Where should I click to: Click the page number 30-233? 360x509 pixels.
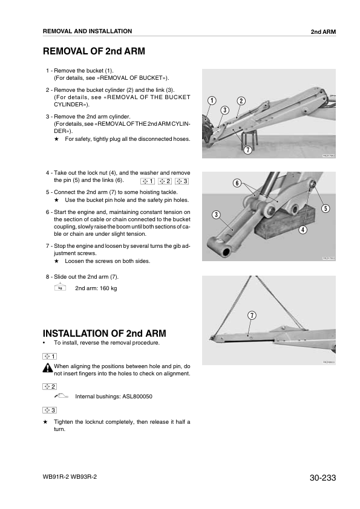[322, 478]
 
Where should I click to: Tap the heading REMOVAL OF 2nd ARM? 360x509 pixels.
[94, 51]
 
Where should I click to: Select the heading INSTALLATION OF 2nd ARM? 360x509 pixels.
[104, 333]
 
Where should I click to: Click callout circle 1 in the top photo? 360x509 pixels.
[212, 100]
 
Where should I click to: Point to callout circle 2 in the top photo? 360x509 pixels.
[241, 101]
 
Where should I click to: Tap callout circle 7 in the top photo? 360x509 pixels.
[248, 150]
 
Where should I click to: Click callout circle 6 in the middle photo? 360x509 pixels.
[237, 183]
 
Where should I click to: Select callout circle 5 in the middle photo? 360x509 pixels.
[326, 209]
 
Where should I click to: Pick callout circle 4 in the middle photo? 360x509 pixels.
[303, 230]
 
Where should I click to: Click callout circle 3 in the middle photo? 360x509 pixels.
[216, 215]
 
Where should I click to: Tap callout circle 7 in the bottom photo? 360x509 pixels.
[252, 316]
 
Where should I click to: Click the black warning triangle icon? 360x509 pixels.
[47, 368]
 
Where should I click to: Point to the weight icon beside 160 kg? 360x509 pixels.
[60, 287]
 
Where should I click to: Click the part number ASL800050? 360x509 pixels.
[137, 397]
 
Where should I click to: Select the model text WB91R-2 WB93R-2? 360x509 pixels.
[70, 477]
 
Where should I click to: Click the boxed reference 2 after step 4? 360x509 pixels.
[165, 181]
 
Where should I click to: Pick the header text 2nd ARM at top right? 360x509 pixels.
[323, 32]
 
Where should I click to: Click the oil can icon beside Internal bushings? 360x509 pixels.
[61, 396]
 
